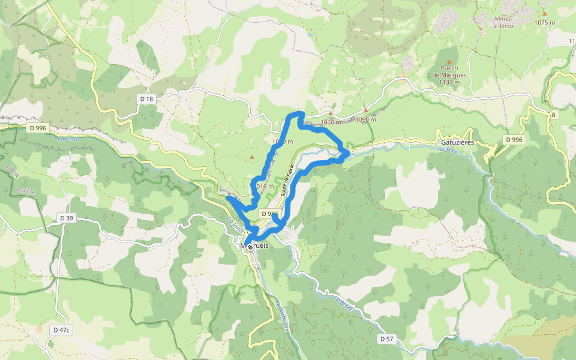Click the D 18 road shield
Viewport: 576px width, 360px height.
click(x=146, y=98)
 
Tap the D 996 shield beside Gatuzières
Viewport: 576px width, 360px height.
click(x=514, y=139)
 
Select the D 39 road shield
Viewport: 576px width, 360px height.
click(x=66, y=218)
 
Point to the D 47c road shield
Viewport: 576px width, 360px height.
click(x=61, y=329)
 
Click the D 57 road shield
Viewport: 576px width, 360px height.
click(x=387, y=339)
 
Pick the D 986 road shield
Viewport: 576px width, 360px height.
click(x=269, y=214)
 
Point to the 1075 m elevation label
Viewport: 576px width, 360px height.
click(x=545, y=23)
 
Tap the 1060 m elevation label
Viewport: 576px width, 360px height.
click(x=331, y=122)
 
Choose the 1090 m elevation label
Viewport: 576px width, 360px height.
click(x=365, y=119)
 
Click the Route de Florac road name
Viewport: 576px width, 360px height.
click(x=287, y=179)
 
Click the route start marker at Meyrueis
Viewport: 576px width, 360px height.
click(x=250, y=247)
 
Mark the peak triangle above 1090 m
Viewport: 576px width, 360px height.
click(x=366, y=110)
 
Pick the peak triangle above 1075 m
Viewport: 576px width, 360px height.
click(x=545, y=13)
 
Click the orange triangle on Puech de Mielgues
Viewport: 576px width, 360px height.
click(x=449, y=62)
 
